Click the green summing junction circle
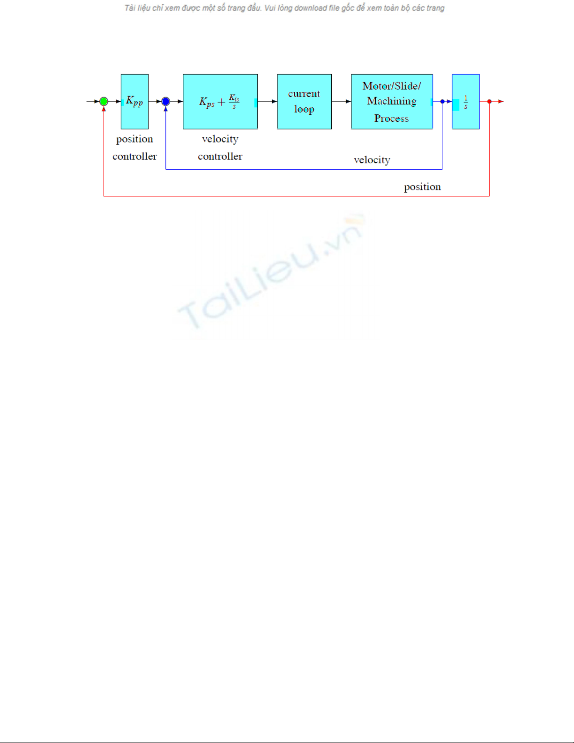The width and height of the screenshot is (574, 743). tap(104, 102)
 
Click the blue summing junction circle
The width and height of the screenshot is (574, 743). tap(166, 102)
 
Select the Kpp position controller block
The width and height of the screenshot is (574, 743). tap(134, 102)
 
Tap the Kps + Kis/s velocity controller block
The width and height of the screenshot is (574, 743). tap(220, 102)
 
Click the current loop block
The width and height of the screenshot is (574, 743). tap(305, 102)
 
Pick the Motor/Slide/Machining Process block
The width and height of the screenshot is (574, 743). tap(392, 102)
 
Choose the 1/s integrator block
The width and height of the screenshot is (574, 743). tap(466, 102)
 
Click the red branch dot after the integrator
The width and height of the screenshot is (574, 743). tap(489, 102)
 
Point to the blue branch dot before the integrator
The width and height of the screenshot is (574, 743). tap(442, 102)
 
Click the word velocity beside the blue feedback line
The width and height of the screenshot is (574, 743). tap(372, 160)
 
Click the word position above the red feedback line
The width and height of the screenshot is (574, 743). tap(422, 187)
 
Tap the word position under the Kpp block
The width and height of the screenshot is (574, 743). tap(134, 139)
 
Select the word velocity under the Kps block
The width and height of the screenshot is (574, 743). tap(220, 139)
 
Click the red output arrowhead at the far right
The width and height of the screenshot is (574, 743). tap(501, 102)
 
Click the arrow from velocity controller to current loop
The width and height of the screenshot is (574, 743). tap(268, 102)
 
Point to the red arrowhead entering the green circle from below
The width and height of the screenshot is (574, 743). tap(104, 109)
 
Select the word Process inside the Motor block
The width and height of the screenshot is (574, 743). tap(392, 118)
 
